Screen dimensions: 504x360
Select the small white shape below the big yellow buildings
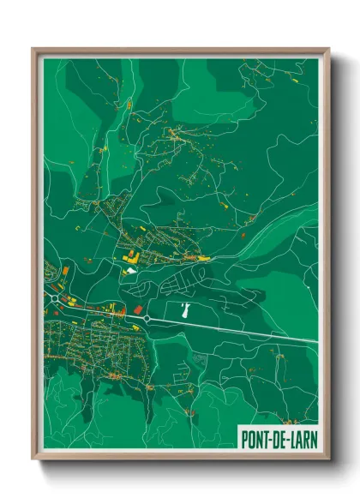130,271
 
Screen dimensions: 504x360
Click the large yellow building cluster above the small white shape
133,256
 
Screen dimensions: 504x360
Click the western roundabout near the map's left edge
57,295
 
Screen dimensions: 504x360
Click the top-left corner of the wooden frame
33,49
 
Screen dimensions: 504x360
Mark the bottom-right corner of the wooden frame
328,459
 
